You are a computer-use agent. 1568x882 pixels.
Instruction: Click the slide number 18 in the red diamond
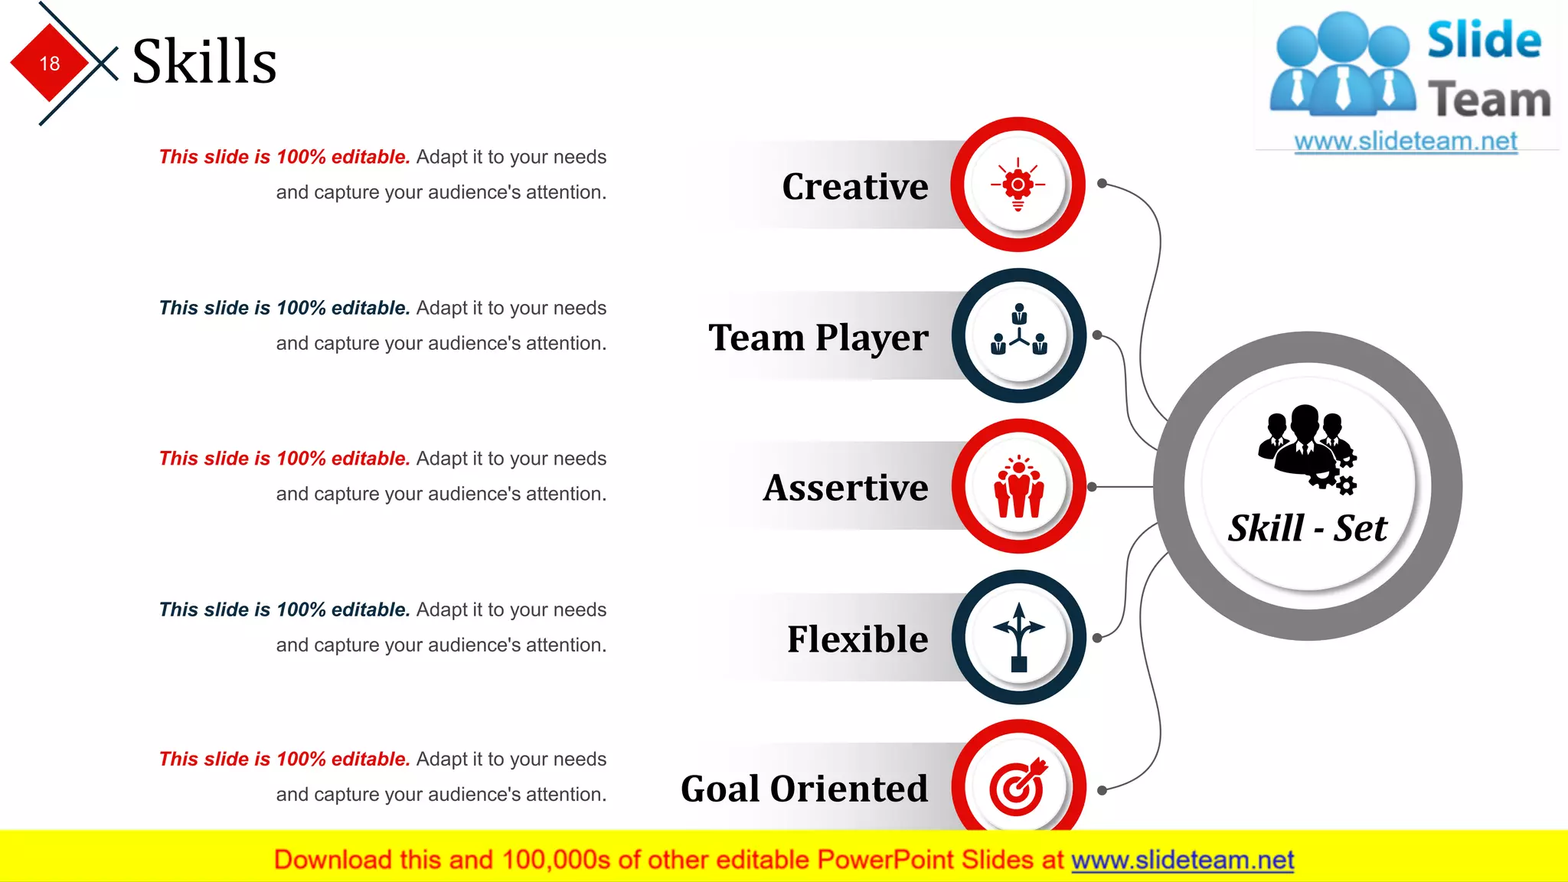[50, 64]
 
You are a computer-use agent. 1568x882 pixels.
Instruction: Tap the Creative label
[854, 186]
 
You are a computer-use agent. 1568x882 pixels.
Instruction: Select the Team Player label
[818, 337]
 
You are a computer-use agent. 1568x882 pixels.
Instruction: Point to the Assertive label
[845, 488]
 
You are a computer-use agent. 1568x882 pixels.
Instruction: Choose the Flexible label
[857, 639]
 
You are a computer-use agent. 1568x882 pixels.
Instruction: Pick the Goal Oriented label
[804, 789]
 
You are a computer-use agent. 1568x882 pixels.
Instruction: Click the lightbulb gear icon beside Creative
[1018, 185]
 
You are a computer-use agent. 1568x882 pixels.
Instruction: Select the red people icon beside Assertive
[1019, 487]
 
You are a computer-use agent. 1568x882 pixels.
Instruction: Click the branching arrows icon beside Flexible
[1018, 637]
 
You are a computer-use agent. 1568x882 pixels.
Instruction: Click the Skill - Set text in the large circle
[1308, 528]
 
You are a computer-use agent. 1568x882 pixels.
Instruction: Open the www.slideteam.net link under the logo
[1406, 142]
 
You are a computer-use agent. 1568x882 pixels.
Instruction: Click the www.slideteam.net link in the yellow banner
[1182, 861]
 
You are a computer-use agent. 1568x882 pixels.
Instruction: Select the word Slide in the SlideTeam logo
[1484, 41]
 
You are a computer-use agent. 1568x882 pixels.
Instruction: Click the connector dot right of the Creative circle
[1102, 184]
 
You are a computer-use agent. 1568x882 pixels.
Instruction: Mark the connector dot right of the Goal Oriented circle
[1102, 790]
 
